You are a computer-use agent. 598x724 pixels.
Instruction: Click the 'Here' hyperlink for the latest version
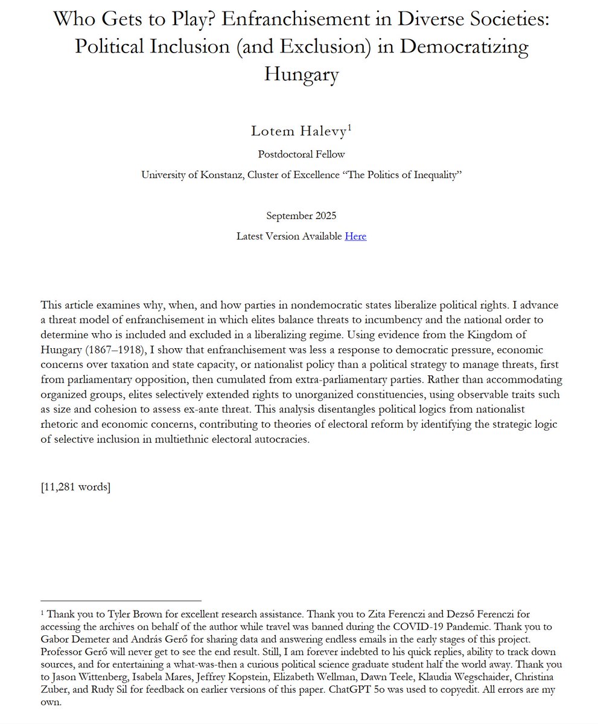pyautogui.click(x=355, y=236)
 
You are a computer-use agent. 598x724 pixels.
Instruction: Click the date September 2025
pyautogui.click(x=299, y=215)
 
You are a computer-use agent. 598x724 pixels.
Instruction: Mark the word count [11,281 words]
pyautogui.click(x=75, y=487)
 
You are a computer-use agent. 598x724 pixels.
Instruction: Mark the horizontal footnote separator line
pyautogui.click(x=121, y=601)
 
